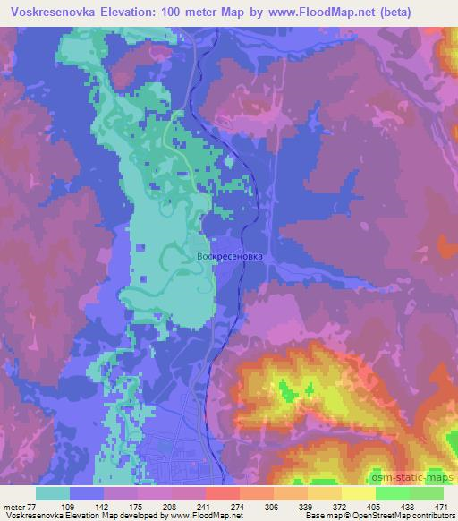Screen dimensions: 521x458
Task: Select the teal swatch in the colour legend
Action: pos(54,493)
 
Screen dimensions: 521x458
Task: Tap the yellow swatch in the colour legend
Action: pos(359,493)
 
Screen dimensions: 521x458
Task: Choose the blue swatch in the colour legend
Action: pos(87,493)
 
